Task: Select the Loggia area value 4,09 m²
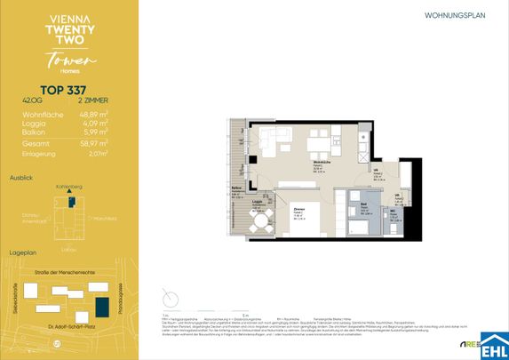coord(94,124)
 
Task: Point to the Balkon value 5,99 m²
coord(94,133)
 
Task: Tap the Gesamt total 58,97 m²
coord(92,143)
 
